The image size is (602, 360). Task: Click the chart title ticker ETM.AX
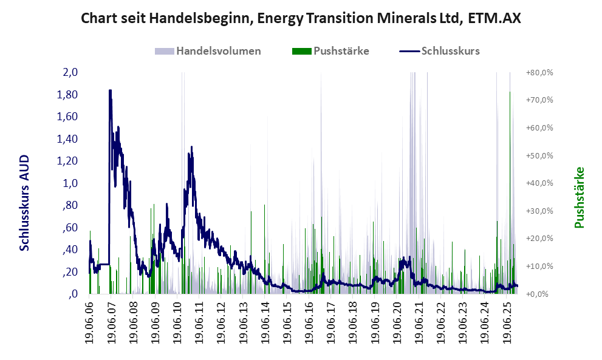point(493,18)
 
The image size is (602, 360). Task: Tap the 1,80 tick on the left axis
point(68,95)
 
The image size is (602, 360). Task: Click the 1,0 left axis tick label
point(70,183)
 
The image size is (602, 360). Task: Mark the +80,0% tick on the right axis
point(539,72)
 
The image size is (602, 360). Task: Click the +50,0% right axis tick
point(539,155)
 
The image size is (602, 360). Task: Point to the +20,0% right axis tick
point(539,239)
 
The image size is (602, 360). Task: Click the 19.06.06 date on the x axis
point(90,322)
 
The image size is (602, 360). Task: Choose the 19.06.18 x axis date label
point(354,322)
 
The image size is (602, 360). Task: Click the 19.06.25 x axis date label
point(508,322)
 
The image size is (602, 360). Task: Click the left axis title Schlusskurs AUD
point(25,202)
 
